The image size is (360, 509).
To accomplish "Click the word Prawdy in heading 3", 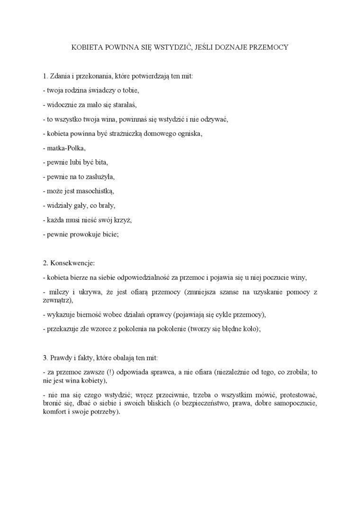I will pyautogui.click(x=61, y=357).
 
